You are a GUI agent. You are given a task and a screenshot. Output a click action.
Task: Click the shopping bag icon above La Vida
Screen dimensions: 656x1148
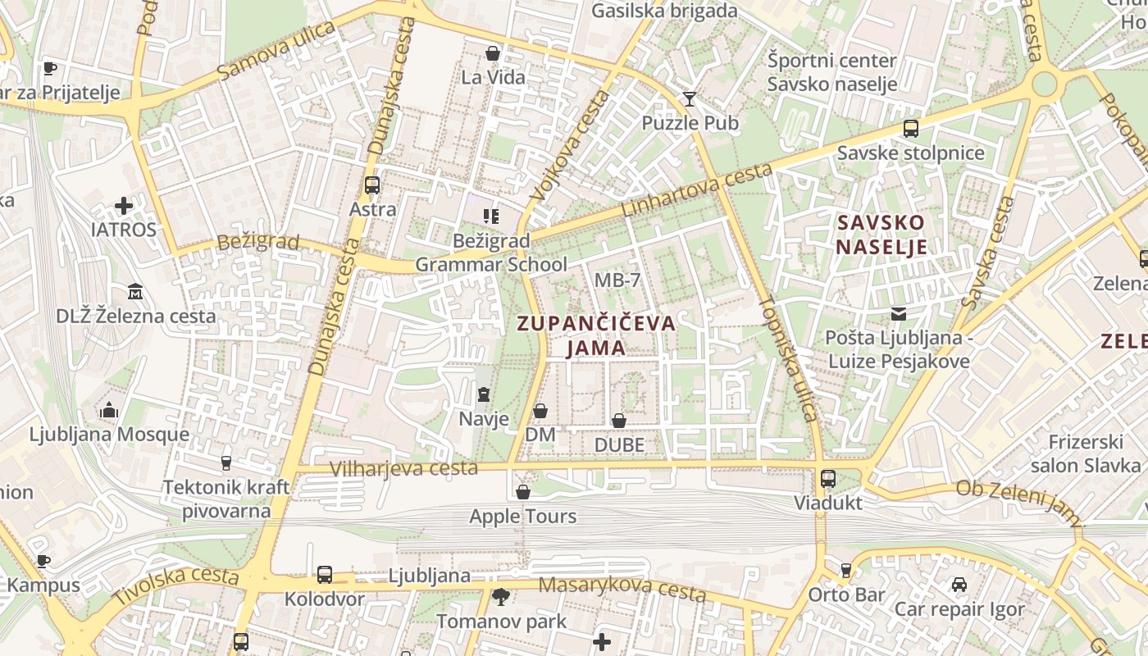[493, 54]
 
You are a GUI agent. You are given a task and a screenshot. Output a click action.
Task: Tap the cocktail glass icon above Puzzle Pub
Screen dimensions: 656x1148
[690, 99]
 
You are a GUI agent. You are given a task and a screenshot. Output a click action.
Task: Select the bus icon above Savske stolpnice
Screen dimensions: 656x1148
[910, 129]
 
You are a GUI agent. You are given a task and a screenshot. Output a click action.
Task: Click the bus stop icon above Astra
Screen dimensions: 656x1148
[372, 185]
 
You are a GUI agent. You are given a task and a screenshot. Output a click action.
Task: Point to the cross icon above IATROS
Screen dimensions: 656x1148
[124, 205]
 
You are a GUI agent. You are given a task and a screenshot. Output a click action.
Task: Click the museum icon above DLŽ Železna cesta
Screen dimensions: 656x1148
[135, 291]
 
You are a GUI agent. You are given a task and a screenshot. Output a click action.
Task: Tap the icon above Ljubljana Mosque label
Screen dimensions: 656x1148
[109, 410]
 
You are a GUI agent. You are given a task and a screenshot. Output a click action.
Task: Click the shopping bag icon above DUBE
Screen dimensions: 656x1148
[619, 421]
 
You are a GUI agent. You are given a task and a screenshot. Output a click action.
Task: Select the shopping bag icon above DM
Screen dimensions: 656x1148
[540, 411]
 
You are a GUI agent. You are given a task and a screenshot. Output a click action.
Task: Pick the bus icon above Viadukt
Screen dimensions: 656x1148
[828, 479]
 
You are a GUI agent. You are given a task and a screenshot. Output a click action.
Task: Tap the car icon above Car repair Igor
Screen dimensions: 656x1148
[959, 585]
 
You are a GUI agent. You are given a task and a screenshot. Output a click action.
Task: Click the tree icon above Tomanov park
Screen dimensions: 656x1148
[500, 596]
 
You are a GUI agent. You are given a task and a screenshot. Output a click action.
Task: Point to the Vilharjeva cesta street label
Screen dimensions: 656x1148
[403, 468]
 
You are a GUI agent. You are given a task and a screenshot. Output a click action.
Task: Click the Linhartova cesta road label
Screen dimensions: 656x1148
[697, 190]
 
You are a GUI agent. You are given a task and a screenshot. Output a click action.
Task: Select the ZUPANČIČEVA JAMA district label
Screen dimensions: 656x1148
[596, 335]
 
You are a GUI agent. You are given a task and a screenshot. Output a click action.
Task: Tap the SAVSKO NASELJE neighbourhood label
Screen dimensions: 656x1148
[881, 235]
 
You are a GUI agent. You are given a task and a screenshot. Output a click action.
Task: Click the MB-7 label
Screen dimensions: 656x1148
[617, 280]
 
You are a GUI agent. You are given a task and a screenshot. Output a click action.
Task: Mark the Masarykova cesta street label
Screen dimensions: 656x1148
[622, 587]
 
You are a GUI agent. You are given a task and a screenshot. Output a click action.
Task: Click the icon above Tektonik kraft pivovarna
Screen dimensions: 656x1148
[226, 463]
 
